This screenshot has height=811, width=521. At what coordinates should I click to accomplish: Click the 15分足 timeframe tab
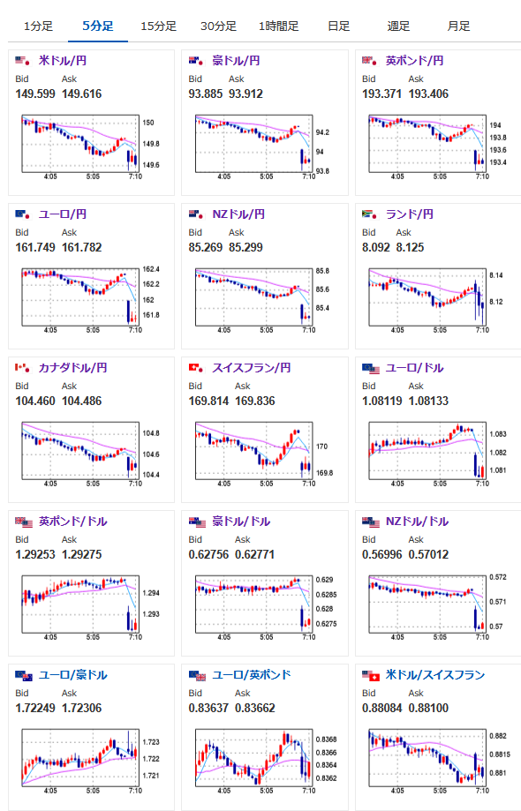(158, 26)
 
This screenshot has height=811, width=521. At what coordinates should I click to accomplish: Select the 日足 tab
(338, 26)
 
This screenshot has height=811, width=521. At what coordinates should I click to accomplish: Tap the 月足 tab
(458, 26)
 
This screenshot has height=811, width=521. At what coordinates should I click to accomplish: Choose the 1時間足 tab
(278, 26)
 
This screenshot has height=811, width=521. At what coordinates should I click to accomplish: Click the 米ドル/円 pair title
(63, 61)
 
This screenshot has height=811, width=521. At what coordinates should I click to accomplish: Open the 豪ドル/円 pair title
(236, 61)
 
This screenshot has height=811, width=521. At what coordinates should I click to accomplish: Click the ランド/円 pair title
(409, 214)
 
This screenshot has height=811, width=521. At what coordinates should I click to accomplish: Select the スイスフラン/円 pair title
(252, 368)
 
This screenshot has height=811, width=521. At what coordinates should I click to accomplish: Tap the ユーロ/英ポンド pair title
(252, 675)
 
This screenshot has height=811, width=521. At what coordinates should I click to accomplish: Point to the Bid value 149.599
(35, 94)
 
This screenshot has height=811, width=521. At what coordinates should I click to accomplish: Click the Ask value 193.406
(428, 94)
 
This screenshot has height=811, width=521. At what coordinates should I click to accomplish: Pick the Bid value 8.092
(375, 247)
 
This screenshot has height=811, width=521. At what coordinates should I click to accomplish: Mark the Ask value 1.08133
(428, 401)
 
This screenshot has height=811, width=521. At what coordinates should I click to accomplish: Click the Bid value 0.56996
(381, 554)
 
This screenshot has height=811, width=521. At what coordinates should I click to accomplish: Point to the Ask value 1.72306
(82, 708)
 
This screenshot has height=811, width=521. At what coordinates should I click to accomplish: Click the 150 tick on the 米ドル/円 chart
(148, 123)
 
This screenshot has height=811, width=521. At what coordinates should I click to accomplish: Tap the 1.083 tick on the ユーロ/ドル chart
(498, 434)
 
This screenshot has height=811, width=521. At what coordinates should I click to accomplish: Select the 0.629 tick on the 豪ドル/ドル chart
(324, 580)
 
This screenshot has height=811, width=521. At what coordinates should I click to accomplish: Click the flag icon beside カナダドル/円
(22, 368)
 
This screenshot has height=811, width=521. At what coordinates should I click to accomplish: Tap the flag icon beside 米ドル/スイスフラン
(371, 675)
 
